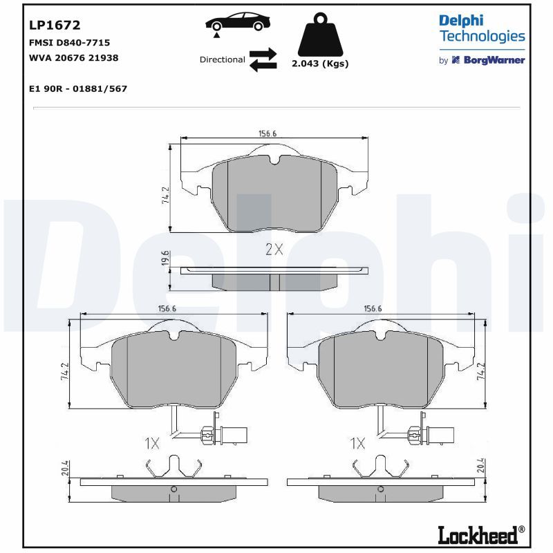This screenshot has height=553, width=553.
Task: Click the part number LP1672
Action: (55, 25)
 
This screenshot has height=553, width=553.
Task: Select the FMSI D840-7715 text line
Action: (70, 43)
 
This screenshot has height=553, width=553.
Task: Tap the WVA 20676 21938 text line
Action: (74, 58)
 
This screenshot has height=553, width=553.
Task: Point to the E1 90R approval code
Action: (78, 88)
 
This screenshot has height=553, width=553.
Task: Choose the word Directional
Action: (222, 59)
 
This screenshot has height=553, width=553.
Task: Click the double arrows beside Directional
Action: (263, 59)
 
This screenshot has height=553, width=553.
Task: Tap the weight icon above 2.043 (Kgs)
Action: (320, 35)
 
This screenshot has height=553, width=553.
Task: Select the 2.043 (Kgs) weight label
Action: (320, 64)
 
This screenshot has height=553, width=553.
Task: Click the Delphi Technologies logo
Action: (482, 29)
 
